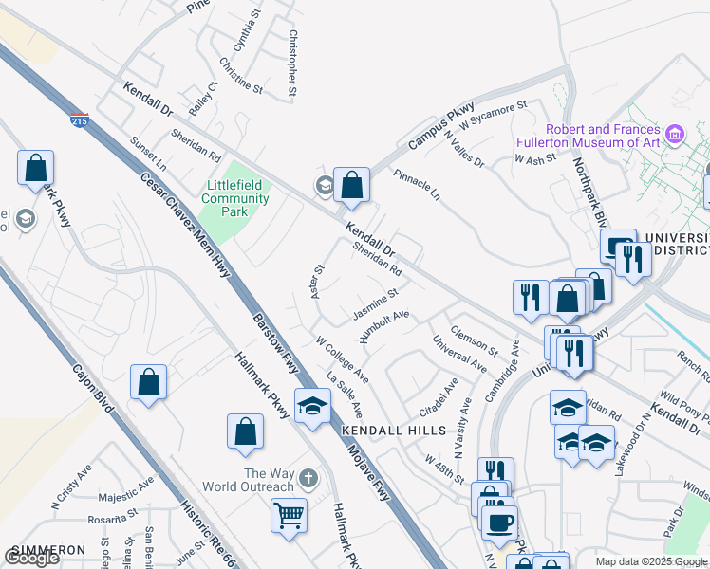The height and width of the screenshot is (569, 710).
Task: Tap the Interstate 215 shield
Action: tap(80, 121)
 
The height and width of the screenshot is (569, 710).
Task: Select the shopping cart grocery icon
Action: tap(289, 517)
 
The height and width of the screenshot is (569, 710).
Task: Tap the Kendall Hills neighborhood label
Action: tap(393, 431)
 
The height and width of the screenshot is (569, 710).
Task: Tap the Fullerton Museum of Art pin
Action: tap(675, 134)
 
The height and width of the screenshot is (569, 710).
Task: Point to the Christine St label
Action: tap(240, 75)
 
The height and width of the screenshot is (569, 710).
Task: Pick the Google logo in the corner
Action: tap(32, 558)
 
